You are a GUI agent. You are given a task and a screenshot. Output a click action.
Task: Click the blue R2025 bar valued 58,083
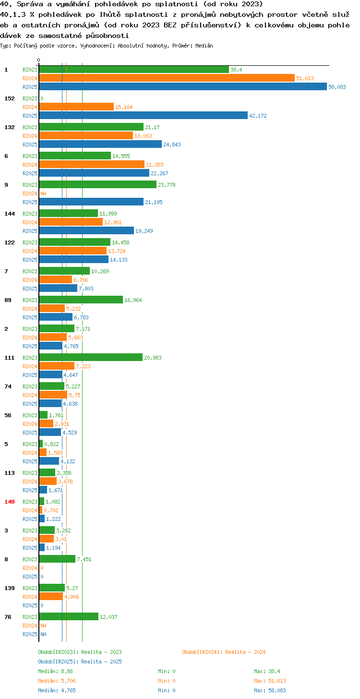click(183, 86)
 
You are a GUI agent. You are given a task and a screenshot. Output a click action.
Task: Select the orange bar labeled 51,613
click(167, 78)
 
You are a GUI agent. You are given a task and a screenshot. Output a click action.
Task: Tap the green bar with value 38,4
click(134, 69)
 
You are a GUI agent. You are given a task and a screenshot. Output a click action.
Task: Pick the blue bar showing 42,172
click(144, 115)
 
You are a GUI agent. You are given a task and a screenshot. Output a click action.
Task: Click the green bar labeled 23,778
click(97, 184)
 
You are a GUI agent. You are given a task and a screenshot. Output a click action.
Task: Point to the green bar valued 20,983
click(91, 357)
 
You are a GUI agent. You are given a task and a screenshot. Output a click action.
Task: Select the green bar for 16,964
click(81, 300)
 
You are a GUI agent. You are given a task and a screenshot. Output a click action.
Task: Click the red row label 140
click(9, 502)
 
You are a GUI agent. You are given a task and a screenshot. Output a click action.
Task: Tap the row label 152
click(9, 98)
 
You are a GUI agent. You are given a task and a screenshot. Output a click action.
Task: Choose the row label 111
click(9, 358)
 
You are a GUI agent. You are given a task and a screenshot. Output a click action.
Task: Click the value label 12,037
click(108, 617)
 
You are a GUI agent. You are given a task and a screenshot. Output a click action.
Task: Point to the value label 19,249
click(144, 231)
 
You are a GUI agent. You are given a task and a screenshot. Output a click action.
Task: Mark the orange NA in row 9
click(43, 193)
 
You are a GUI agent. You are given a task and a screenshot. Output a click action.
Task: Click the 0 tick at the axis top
click(39, 60)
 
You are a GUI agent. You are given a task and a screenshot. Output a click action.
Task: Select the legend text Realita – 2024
click(245, 652)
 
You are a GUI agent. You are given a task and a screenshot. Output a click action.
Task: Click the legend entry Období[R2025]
click(58, 662)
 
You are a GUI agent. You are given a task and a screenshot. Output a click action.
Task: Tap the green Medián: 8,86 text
click(55, 671)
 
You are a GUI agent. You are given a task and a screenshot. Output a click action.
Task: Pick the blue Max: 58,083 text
click(270, 690)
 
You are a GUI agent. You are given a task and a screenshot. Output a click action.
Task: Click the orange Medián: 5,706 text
click(57, 681)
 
